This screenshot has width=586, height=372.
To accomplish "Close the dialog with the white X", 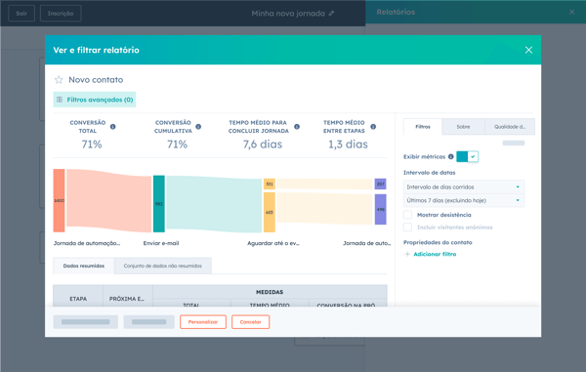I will [x=528, y=50].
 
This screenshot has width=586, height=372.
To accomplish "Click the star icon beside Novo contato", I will [x=59, y=80].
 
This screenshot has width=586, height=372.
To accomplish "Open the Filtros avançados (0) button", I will [x=95, y=100].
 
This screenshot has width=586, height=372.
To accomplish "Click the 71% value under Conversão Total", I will [x=92, y=145].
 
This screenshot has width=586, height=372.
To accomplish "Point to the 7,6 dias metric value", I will [x=262, y=145].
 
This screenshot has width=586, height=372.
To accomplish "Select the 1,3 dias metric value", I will [x=348, y=145].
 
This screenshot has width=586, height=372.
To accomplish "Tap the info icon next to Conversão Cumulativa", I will [x=198, y=127].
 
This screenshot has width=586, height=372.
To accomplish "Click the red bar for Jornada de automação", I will [x=60, y=200].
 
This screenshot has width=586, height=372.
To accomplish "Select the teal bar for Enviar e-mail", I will [x=159, y=204].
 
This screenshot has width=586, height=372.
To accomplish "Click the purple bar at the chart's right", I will [x=381, y=209].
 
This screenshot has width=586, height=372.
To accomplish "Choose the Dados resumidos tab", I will [x=84, y=266].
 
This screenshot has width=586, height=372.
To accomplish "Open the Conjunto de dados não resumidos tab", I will [x=162, y=266].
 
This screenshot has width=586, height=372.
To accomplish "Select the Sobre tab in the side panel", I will [x=463, y=127].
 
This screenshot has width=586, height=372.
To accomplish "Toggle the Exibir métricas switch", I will [x=467, y=156].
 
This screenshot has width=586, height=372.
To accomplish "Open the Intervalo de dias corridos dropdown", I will [x=464, y=186].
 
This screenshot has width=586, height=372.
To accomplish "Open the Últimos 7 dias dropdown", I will [x=464, y=200].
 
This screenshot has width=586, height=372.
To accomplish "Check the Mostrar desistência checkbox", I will [x=408, y=215].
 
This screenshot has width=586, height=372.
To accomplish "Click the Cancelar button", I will [x=250, y=321].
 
